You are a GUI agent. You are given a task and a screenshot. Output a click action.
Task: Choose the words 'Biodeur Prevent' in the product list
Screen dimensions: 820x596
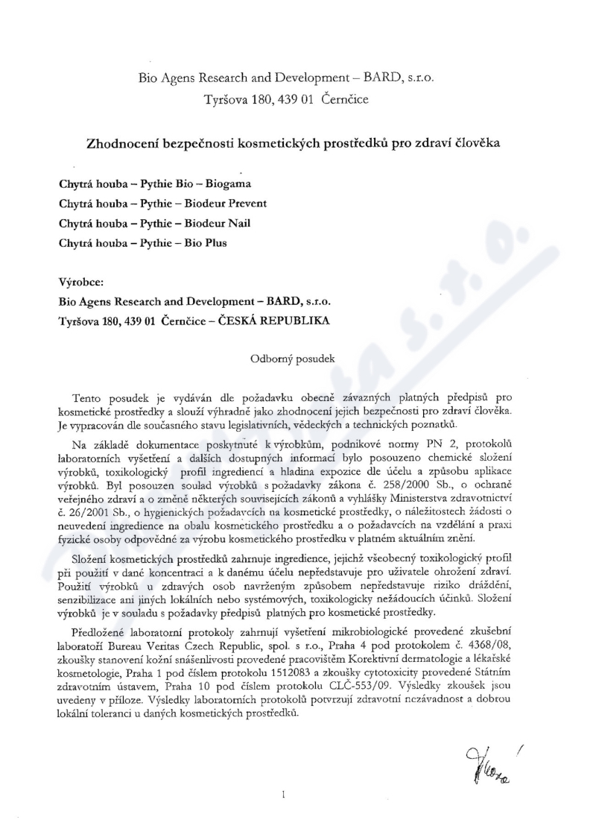pos(226,203)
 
